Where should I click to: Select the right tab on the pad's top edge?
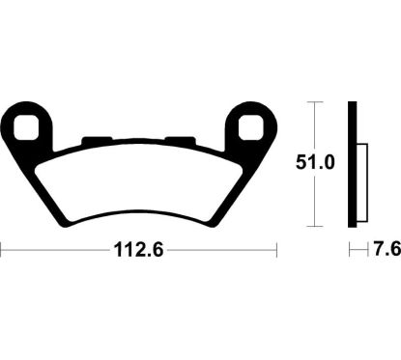click(187, 141)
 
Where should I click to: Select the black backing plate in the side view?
click(354, 164)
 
